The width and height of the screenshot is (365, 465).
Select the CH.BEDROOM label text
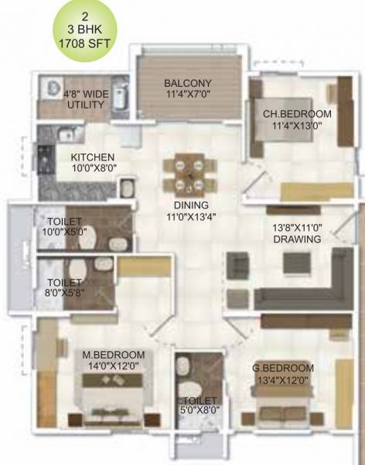297,114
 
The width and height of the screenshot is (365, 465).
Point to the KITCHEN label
92,157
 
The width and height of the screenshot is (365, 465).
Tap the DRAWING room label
297,240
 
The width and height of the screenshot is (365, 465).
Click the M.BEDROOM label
113,356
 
